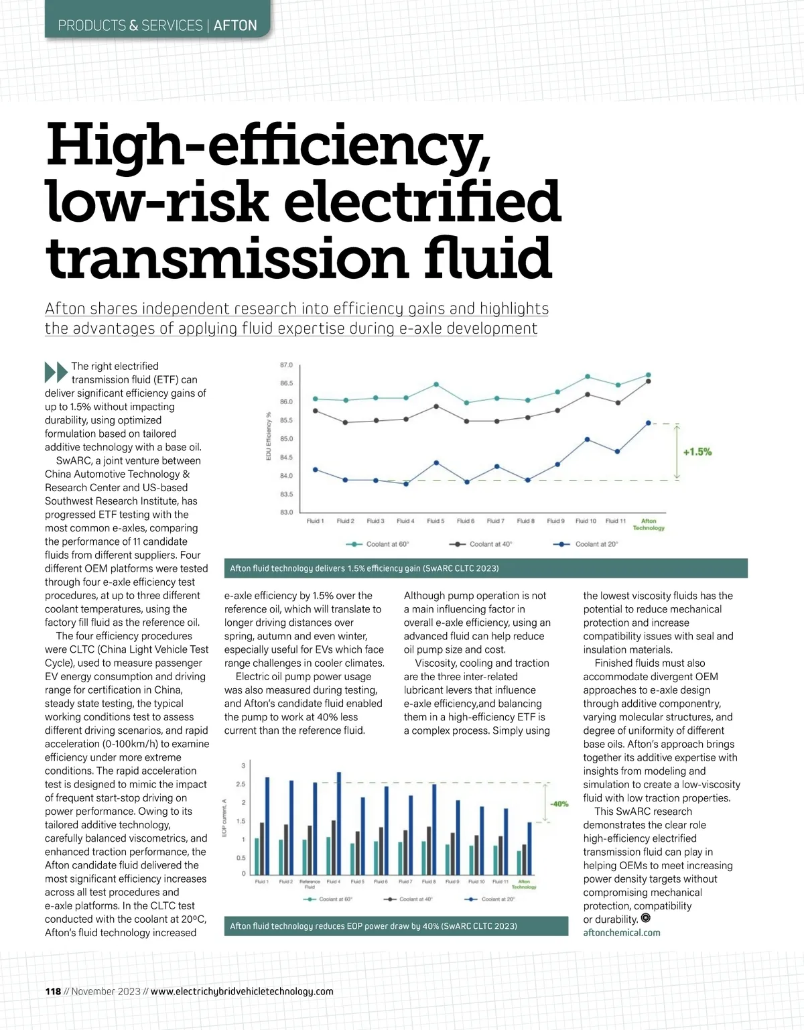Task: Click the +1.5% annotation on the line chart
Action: pyautogui.click(x=697, y=452)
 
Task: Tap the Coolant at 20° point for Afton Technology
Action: pyautogui.click(x=649, y=423)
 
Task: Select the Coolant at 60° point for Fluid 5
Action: pyautogui.click(x=435, y=384)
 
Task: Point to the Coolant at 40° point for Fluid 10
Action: pyautogui.click(x=588, y=394)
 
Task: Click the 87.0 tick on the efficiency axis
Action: pyautogui.click(x=286, y=365)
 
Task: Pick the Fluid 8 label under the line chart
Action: pyautogui.click(x=525, y=521)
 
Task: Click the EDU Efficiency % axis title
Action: pyautogui.click(x=269, y=436)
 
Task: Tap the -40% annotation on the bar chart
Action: pyautogui.click(x=559, y=803)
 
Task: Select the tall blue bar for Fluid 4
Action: pyautogui.click(x=338, y=823)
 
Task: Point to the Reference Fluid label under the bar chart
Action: pyautogui.click(x=310, y=884)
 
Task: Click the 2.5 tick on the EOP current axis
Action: pyautogui.click(x=241, y=784)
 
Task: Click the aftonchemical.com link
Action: pyautogui.click(x=621, y=932)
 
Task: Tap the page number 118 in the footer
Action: pyautogui.click(x=53, y=991)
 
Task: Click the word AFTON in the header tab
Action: pyautogui.click(x=235, y=25)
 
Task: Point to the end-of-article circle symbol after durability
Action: pyautogui.click(x=646, y=919)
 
